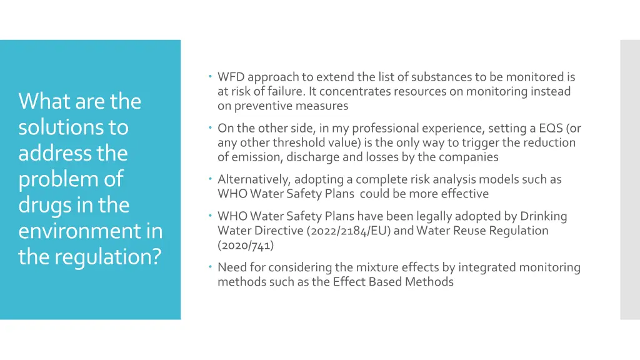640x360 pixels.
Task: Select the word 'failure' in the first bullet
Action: click(287, 91)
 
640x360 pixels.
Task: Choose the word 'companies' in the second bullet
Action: click(471, 157)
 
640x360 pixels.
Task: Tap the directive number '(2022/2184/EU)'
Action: click(352, 231)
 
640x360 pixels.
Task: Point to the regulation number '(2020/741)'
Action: click(246, 245)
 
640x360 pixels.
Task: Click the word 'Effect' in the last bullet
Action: click(350, 282)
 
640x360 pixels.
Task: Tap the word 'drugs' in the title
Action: click(44, 206)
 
